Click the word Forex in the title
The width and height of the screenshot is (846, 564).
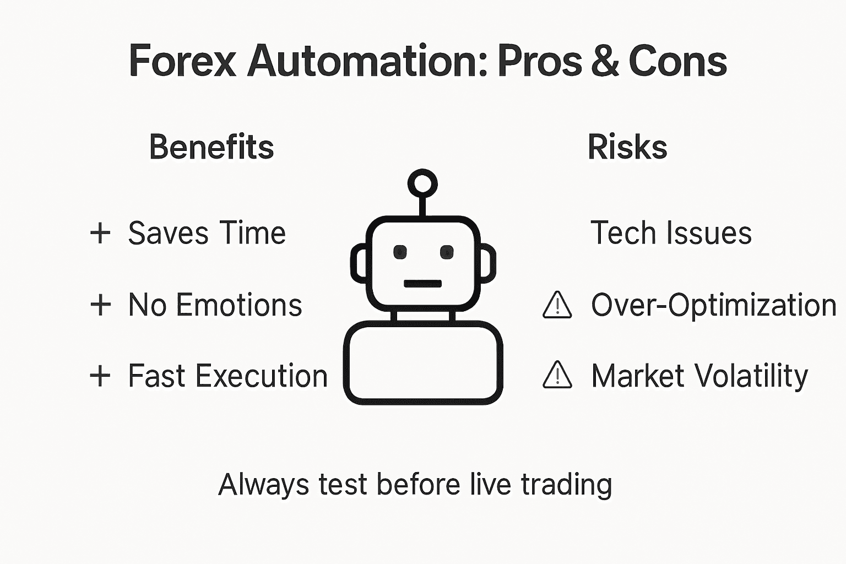[x=182, y=61]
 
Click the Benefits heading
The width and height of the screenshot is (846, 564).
[x=211, y=148]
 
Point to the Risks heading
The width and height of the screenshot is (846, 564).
[x=627, y=148]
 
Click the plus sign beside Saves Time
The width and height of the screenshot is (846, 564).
[x=100, y=233]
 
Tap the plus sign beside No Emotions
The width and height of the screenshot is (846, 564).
[x=100, y=305]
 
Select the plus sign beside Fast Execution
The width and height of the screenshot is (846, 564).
[x=100, y=377]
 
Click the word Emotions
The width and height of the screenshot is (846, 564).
[x=239, y=305]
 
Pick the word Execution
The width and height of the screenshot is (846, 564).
[x=262, y=377]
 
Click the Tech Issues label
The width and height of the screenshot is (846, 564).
[x=671, y=233]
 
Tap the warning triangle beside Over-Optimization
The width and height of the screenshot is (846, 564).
[x=557, y=306]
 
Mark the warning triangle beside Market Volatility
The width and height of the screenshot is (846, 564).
[x=557, y=376]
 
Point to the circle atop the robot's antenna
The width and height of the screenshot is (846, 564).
[x=422, y=183]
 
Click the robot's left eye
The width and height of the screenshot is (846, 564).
[x=400, y=252]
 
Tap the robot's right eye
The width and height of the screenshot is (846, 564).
[x=447, y=252]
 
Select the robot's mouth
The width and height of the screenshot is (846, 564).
[x=422, y=284]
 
